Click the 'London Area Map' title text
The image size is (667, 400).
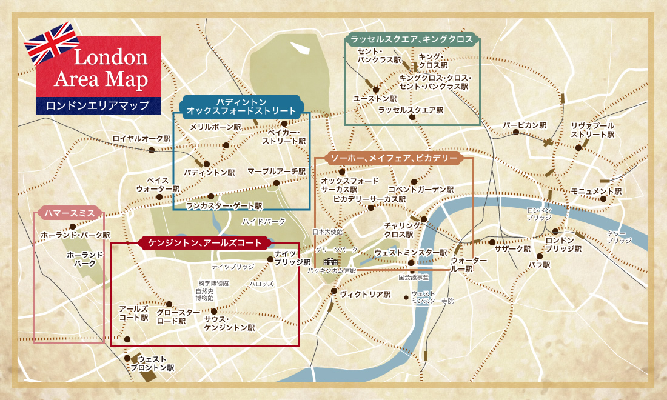pyautogui.click(x=102, y=68)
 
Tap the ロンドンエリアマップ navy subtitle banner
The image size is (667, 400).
pyautogui.click(x=98, y=105)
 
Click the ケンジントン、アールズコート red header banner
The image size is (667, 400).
pyautogui.click(x=205, y=243)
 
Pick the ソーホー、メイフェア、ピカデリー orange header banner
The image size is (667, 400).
pyautogui.click(x=394, y=159)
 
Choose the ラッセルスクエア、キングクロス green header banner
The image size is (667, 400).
pyautogui.click(x=412, y=39)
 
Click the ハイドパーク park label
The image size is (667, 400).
pyautogui.click(x=264, y=221)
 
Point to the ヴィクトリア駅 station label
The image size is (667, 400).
pyautogui.click(x=365, y=294)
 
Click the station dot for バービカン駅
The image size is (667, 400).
pyautogui.click(x=516, y=132)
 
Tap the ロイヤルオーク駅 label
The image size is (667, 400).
pyautogui.click(x=141, y=138)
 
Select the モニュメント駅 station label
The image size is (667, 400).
pyautogui.click(x=596, y=191)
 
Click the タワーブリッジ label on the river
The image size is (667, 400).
pyautogui.click(x=619, y=237)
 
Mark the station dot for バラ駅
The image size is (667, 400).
pyautogui.click(x=539, y=256)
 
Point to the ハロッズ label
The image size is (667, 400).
pyautogui.click(x=261, y=283)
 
